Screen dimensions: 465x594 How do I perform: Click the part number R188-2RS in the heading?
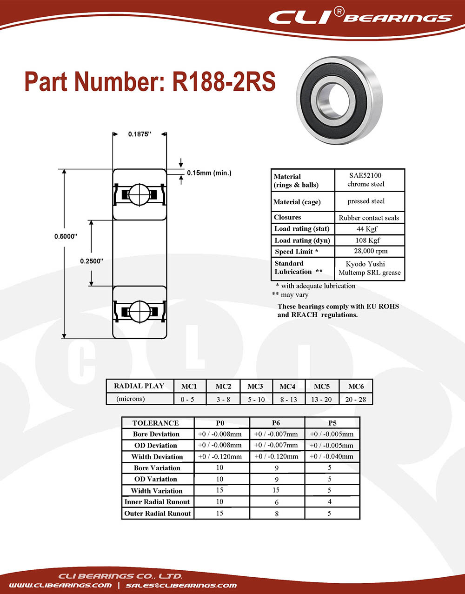click(224, 81)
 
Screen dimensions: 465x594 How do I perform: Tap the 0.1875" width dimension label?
click(139, 134)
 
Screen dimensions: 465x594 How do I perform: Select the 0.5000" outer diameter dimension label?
click(66, 236)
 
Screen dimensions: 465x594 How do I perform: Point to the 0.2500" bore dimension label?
click(92, 261)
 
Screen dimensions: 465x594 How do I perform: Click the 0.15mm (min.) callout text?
click(209, 173)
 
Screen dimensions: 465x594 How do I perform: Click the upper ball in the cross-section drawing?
click(139, 195)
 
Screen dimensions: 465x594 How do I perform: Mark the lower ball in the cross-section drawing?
click(139, 312)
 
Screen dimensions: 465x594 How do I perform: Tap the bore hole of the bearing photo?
click(339, 100)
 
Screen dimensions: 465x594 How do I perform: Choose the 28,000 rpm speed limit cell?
click(371, 251)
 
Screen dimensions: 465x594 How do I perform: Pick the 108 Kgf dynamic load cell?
click(367, 240)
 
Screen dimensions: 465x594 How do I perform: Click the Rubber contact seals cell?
click(369, 218)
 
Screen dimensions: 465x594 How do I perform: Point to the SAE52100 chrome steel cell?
click(365, 180)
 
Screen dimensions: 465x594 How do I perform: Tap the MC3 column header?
click(255, 386)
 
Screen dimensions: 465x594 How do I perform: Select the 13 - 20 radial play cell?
click(321, 400)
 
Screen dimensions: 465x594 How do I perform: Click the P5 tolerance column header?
click(332, 423)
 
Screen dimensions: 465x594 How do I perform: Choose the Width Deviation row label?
click(157, 456)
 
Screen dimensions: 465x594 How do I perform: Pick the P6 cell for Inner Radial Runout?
click(277, 502)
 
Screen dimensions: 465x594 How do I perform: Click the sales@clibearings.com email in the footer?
click(181, 585)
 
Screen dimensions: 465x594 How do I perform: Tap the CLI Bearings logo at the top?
click(360, 17)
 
